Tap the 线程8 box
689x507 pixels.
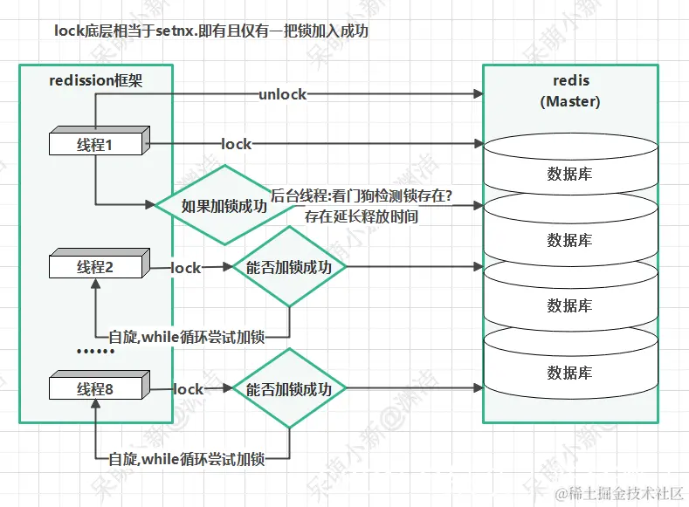95,389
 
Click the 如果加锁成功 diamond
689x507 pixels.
224,207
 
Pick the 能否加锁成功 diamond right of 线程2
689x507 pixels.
289,267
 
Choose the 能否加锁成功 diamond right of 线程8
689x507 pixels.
289,389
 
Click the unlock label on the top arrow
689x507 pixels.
282,93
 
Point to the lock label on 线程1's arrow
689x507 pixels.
236,144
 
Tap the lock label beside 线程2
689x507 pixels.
185,267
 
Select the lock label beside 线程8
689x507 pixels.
188,389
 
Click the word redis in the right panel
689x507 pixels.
571,81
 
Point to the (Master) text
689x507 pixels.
570,101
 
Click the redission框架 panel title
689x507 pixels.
96,81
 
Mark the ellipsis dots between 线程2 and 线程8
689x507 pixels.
96,353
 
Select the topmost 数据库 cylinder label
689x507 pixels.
569,174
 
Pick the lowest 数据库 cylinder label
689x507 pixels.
569,373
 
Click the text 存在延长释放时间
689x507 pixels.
361,216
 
